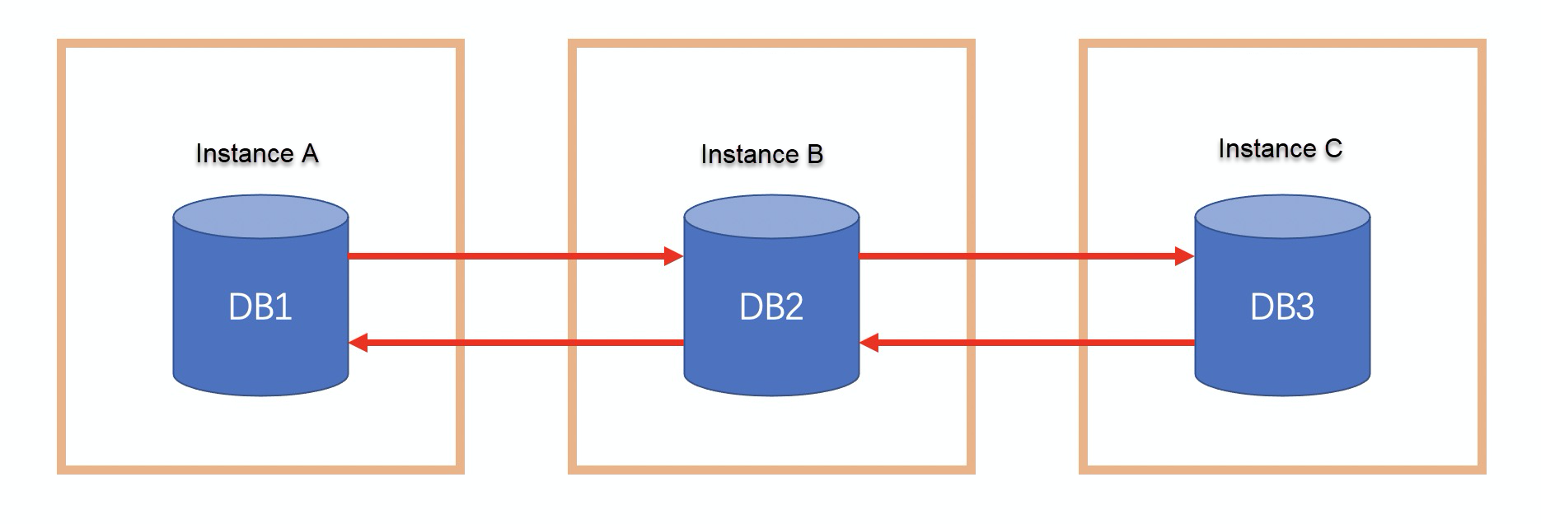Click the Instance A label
(x=256, y=154)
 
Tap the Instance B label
(x=761, y=155)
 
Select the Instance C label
(x=1280, y=149)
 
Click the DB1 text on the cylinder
(x=260, y=307)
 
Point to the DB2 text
(x=771, y=307)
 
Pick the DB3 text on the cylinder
(x=1282, y=307)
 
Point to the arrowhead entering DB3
(x=1185, y=256)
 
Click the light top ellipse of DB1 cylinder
(x=260, y=217)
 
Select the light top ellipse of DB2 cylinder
(x=771, y=217)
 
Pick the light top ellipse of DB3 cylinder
(x=1282, y=217)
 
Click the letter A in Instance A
(x=310, y=154)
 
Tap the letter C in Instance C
(x=1333, y=149)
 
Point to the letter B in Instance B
(x=815, y=155)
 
